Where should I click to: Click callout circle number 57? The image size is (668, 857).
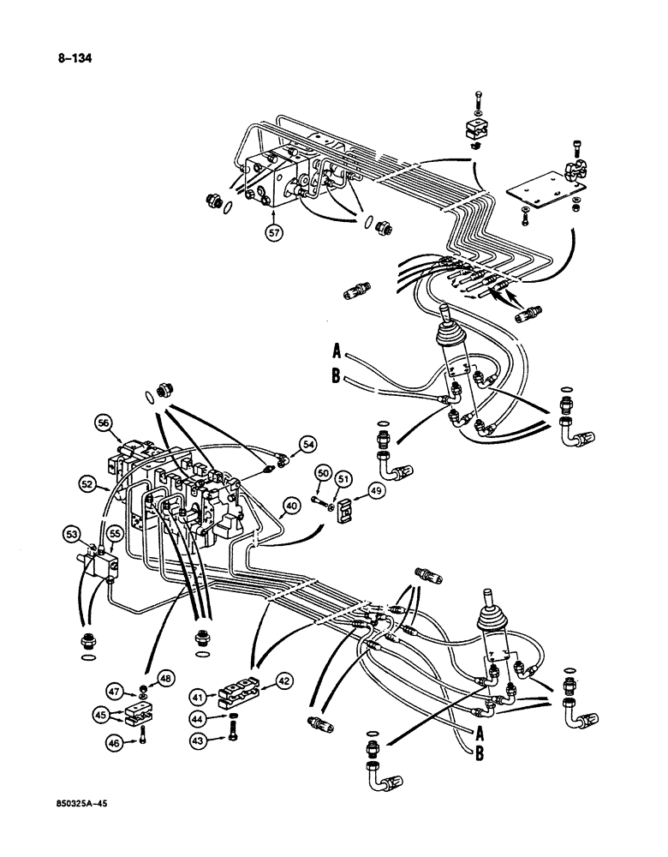click(x=273, y=232)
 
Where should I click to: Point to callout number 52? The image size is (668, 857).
click(x=89, y=484)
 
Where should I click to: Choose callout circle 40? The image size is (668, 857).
click(x=291, y=506)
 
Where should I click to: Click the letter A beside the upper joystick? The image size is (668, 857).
click(x=337, y=350)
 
